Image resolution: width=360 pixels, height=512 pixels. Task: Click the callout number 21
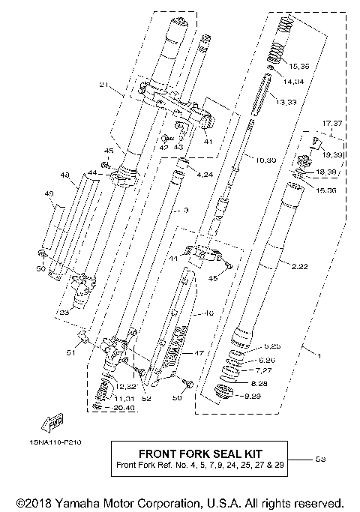pos(104,85)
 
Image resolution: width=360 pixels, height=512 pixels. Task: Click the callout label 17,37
pos(331,122)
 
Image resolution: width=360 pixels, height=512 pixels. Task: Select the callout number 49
pos(49,193)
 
